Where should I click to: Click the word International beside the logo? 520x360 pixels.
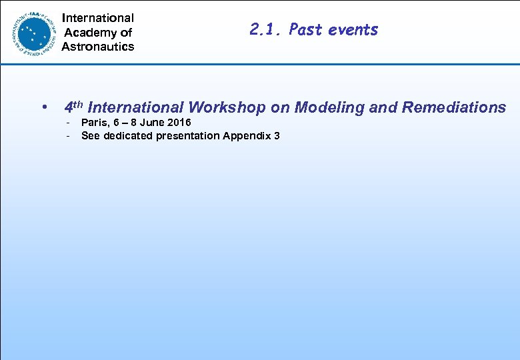pyautogui.click(x=98, y=18)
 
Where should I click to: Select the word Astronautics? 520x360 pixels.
pyautogui.click(x=98, y=47)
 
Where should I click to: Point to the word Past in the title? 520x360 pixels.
pyautogui.click(x=306, y=29)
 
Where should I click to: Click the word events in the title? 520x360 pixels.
pyautogui.click(x=353, y=29)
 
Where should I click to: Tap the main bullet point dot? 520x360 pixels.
pyautogui.click(x=43, y=108)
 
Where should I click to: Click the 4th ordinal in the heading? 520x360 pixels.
pyautogui.click(x=73, y=107)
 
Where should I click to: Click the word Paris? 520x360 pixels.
pyautogui.click(x=93, y=123)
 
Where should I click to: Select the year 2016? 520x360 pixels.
pyautogui.click(x=179, y=123)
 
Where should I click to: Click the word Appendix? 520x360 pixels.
pyautogui.click(x=247, y=136)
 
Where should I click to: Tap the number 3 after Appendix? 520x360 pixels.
pyautogui.click(x=277, y=136)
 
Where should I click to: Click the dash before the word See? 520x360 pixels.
pyautogui.click(x=68, y=136)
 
